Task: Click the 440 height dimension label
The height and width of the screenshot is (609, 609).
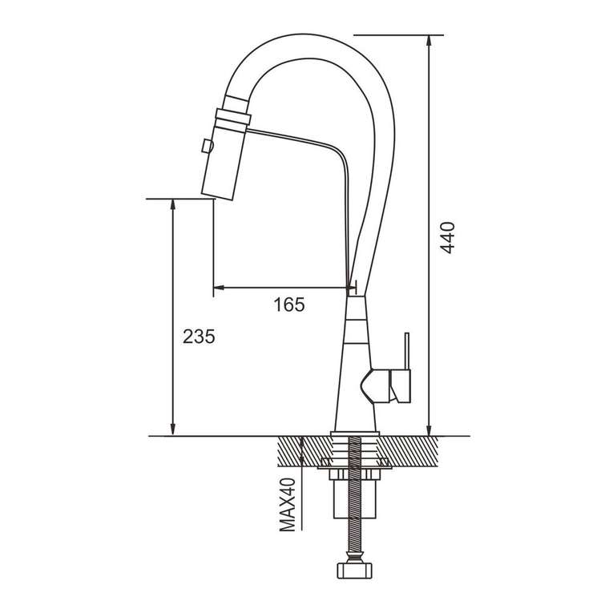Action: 448,238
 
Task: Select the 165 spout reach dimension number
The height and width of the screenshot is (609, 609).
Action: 289,304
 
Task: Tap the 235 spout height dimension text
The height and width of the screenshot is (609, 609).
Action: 199,337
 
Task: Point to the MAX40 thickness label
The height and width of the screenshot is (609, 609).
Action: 288,505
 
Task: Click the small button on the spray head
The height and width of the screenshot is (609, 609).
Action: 207,146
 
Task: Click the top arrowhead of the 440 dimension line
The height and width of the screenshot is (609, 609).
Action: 429,41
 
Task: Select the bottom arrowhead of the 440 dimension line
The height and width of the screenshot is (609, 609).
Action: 429,430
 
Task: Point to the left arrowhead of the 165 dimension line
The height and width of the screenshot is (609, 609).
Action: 220,288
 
